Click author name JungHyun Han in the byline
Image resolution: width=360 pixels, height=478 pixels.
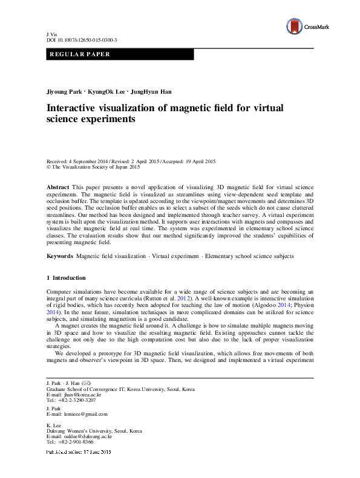pos(153,92)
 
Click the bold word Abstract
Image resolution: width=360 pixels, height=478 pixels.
pos(57,189)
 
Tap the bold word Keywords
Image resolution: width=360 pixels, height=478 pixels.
pos(60,257)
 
